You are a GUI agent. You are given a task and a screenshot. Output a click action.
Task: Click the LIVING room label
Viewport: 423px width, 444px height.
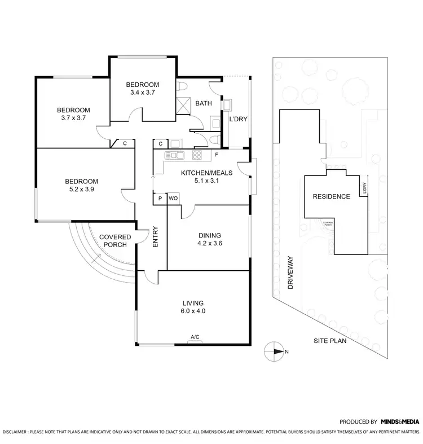click(193, 303)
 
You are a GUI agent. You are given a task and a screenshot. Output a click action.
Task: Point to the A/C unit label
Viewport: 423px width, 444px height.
click(195, 337)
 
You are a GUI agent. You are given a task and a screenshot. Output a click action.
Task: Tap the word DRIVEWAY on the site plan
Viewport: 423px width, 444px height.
click(291, 273)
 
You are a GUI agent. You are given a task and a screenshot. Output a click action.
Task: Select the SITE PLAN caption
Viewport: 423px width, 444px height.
click(331, 341)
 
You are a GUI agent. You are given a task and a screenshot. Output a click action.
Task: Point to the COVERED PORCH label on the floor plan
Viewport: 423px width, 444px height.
click(115, 241)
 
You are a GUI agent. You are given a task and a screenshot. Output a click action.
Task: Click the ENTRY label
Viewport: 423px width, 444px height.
click(156, 238)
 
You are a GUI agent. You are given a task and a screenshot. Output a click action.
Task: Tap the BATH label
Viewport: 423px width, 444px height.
click(203, 104)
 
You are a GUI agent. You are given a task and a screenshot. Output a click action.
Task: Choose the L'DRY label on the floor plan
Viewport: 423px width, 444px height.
click(237, 118)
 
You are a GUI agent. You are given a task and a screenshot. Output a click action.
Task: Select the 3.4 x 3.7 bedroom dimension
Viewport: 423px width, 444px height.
click(142, 93)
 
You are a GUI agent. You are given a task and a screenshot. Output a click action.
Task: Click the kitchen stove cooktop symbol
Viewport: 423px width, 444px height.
click(197, 155)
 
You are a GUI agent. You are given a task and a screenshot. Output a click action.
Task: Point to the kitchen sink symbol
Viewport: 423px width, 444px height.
click(174, 155)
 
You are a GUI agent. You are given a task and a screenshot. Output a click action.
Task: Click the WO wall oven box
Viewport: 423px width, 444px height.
click(173, 198)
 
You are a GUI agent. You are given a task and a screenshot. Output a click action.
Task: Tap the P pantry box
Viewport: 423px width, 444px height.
click(160, 198)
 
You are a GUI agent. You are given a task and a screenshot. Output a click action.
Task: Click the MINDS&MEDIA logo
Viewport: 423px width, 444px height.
click(399, 421)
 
